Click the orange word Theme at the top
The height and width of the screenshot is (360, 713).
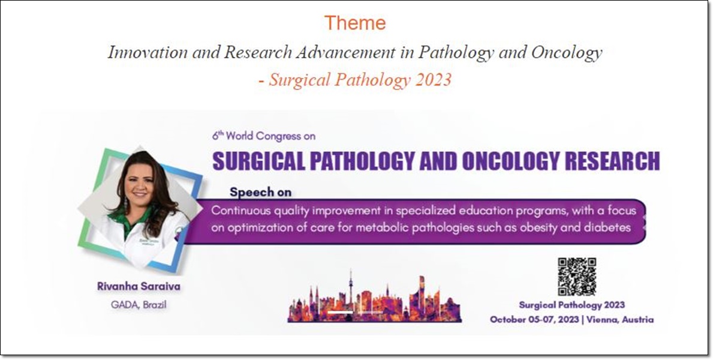[355, 23]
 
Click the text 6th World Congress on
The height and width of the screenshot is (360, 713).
[264, 136]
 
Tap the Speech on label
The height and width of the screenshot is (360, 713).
[261, 192]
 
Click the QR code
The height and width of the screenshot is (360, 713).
[577, 277]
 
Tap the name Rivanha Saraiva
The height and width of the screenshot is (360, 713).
[139, 286]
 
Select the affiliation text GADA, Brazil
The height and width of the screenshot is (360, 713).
[139, 304]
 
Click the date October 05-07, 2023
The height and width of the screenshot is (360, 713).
[534, 319]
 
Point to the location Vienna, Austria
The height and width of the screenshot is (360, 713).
[620, 319]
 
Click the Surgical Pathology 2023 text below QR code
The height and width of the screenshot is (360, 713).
[571, 305]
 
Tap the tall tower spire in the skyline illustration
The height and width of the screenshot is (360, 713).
[350, 287]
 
